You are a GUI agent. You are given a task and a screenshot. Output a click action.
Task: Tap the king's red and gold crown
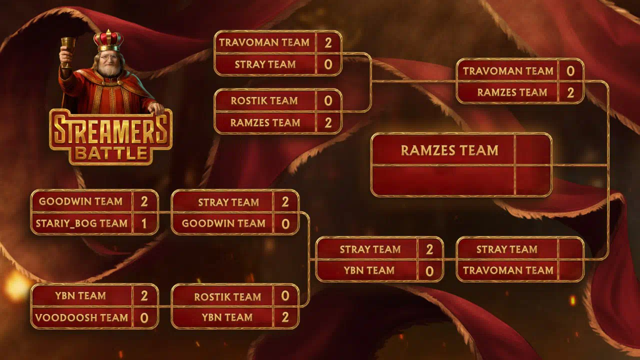(x=108, y=40)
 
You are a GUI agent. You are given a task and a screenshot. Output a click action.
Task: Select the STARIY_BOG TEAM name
(x=81, y=223)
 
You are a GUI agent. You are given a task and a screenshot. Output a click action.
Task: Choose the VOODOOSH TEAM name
(x=81, y=317)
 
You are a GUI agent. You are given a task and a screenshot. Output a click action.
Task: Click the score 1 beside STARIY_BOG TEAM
(x=144, y=223)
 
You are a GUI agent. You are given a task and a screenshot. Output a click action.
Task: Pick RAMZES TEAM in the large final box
(x=449, y=150)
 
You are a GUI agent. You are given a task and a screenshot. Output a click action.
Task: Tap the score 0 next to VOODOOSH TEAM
(x=144, y=317)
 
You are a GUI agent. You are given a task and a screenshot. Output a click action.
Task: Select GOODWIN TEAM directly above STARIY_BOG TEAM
(x=81, y=201)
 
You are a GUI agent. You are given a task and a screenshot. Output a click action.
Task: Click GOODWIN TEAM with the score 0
(x=223, y=223)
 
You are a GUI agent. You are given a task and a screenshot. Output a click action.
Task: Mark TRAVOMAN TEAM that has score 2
(x=264, y=42)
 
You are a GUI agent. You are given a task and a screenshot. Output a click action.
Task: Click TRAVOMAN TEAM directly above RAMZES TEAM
(x=508, y=71)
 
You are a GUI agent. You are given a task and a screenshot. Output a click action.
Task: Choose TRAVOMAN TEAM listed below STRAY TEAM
(x=508, y=270)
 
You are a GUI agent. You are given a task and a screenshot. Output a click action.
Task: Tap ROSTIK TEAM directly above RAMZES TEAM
(x=264, y=101)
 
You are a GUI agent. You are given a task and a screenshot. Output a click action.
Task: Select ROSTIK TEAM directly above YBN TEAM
(x=227, y=297)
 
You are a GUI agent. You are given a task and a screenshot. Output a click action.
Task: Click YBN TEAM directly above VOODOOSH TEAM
(x=80, y=295)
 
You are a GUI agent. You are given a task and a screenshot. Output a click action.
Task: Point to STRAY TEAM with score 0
(x=265, y=64)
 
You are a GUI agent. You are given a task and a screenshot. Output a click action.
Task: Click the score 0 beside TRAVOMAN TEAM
(x=570, y=71)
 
